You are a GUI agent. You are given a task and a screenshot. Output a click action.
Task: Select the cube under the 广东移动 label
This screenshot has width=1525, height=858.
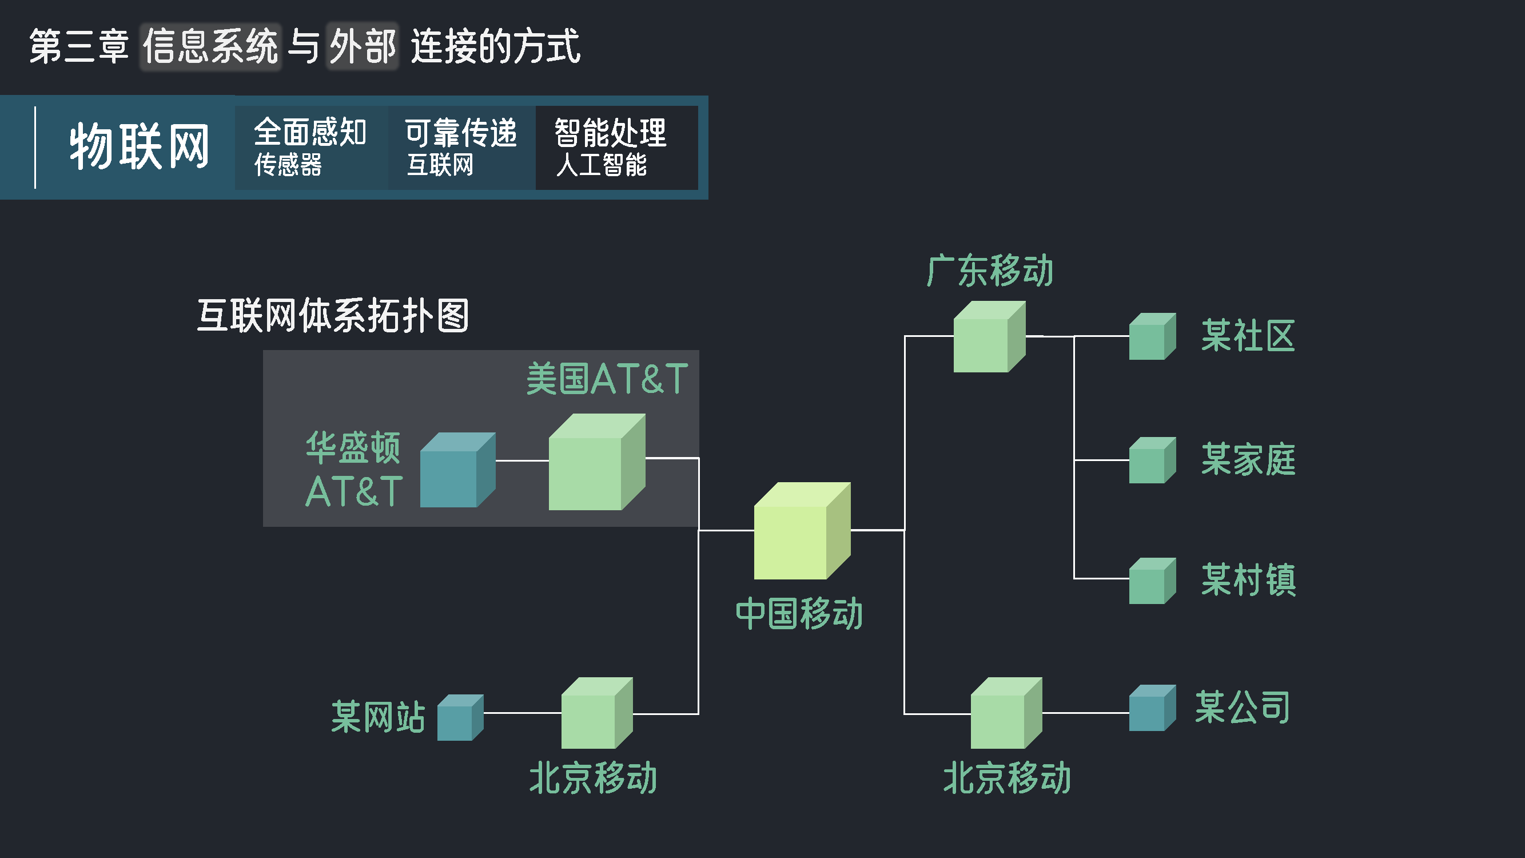pos(989,337)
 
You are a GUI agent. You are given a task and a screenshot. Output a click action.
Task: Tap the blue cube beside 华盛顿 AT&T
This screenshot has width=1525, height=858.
pos(456,470)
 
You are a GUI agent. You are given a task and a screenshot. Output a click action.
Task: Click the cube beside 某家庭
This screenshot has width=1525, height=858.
pos(1152,460)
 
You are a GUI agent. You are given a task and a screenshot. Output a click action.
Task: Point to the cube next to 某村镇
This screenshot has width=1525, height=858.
pos(1152,581)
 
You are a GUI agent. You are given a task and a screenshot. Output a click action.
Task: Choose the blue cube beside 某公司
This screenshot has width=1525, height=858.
pos(1152,708)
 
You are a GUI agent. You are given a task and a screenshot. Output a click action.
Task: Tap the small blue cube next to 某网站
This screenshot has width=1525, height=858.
pos(459,718)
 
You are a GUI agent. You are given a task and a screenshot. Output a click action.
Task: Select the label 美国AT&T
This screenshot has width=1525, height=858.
pos(607,379)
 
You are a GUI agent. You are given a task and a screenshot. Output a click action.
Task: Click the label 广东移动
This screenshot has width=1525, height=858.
pos(990,271)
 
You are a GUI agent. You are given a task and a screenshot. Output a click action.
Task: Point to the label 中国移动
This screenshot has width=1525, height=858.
pos(799,613)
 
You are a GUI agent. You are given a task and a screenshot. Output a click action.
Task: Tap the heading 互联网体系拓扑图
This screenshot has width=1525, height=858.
pos(333,316)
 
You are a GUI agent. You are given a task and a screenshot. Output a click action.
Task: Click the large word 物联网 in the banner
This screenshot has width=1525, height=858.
pos(139,147)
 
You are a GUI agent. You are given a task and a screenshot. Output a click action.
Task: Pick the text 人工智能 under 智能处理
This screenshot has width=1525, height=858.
pos(601,165)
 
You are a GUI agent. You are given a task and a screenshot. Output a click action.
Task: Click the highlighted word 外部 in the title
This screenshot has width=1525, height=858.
pos(363,47)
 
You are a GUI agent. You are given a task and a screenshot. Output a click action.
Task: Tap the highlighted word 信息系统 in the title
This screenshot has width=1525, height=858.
pos(211,47)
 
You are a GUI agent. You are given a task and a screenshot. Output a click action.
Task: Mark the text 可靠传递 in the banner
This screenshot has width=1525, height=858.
pos(460,132)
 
